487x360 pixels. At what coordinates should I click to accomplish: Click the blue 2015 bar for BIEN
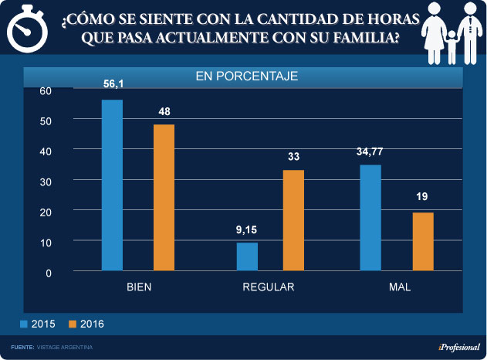[113, 185]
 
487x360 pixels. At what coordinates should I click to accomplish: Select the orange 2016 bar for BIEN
[164, 198]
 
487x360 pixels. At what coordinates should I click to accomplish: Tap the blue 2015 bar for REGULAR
[247, 256]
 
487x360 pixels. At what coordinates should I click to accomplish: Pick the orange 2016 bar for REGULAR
[293, 220]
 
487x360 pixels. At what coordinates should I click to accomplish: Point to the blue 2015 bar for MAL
[370, 218]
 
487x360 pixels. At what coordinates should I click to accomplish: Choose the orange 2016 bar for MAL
[423, 241]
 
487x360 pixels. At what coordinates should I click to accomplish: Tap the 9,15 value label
[247, 229]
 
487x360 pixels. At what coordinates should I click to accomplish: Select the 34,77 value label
[370, 151]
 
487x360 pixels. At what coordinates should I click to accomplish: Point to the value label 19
[423, 197]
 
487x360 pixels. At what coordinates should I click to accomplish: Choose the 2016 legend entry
[86, 324]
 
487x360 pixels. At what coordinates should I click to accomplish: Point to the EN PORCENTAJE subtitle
[246, 76]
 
